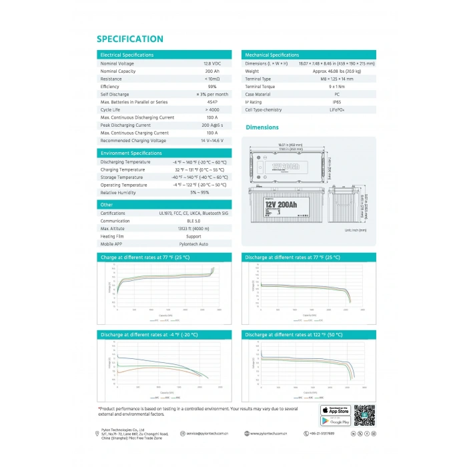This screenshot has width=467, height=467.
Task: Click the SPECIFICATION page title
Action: coord(129,39)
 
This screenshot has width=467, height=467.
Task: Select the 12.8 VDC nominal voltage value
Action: coord(211,63)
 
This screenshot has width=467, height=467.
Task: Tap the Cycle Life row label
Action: coord(111,109)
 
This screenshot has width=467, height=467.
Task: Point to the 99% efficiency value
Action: coord(212,86)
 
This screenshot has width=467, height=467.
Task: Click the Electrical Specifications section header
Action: coord(127,55)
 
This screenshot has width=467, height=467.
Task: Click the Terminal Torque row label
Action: coord(260,86)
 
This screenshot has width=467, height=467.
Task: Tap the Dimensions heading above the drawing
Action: coord(262,127)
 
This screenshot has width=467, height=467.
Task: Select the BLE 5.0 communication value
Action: coord(193,221)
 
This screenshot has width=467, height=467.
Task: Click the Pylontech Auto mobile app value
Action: coord(193,244)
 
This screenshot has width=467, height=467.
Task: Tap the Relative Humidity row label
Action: coord(117,192)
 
